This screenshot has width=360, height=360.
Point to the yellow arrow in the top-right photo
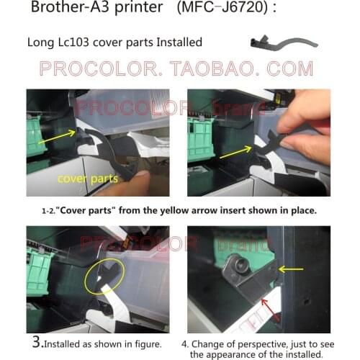coord(235,151)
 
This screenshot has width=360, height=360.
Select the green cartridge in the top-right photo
coord(200,140)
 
